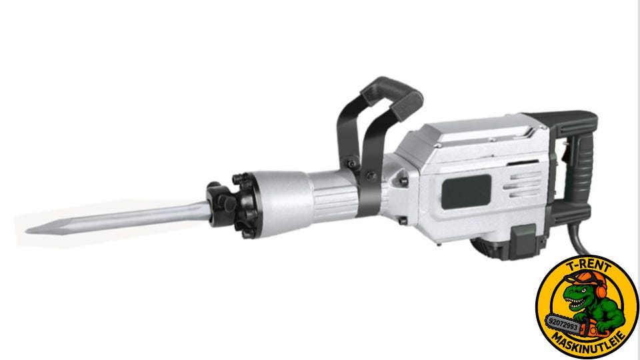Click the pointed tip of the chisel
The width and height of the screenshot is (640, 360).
27,231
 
